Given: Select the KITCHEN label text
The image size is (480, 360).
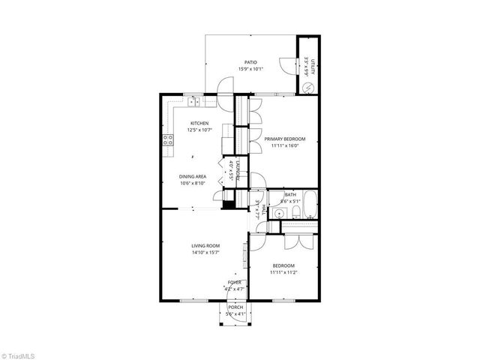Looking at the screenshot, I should click(199, 123).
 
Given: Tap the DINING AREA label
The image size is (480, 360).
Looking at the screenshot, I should click(193, 176).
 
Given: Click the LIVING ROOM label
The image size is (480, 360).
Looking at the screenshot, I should click(205, 245).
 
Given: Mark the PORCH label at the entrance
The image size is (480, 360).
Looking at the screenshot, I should click(236, 307).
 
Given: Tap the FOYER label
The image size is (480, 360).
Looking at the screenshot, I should click(235, 282).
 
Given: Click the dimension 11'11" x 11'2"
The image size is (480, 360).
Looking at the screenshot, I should click(283, 272).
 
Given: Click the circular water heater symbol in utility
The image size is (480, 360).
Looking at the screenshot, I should click(306, 88).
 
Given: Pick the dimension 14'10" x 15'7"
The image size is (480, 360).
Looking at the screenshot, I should click(205, 253).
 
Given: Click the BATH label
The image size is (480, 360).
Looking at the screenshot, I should click(289, 194).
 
